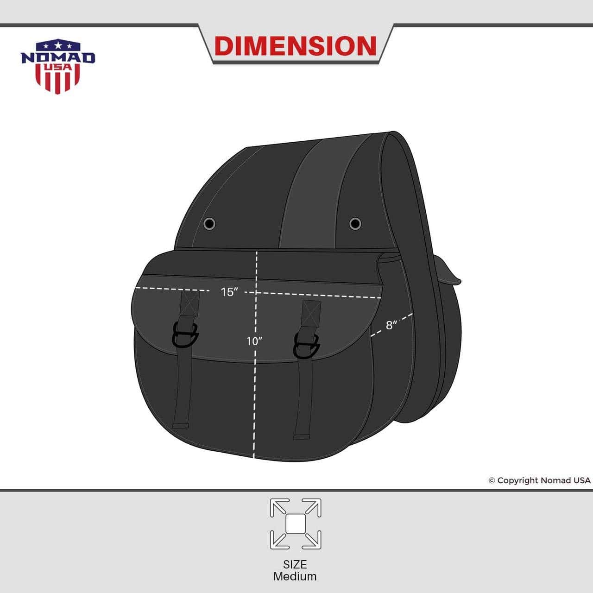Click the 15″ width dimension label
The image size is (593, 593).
230,292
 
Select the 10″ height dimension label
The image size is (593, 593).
254,341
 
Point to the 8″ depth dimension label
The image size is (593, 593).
391,325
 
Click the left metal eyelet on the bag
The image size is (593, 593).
209,224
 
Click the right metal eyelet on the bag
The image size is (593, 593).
355,223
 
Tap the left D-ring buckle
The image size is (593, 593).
185,335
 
